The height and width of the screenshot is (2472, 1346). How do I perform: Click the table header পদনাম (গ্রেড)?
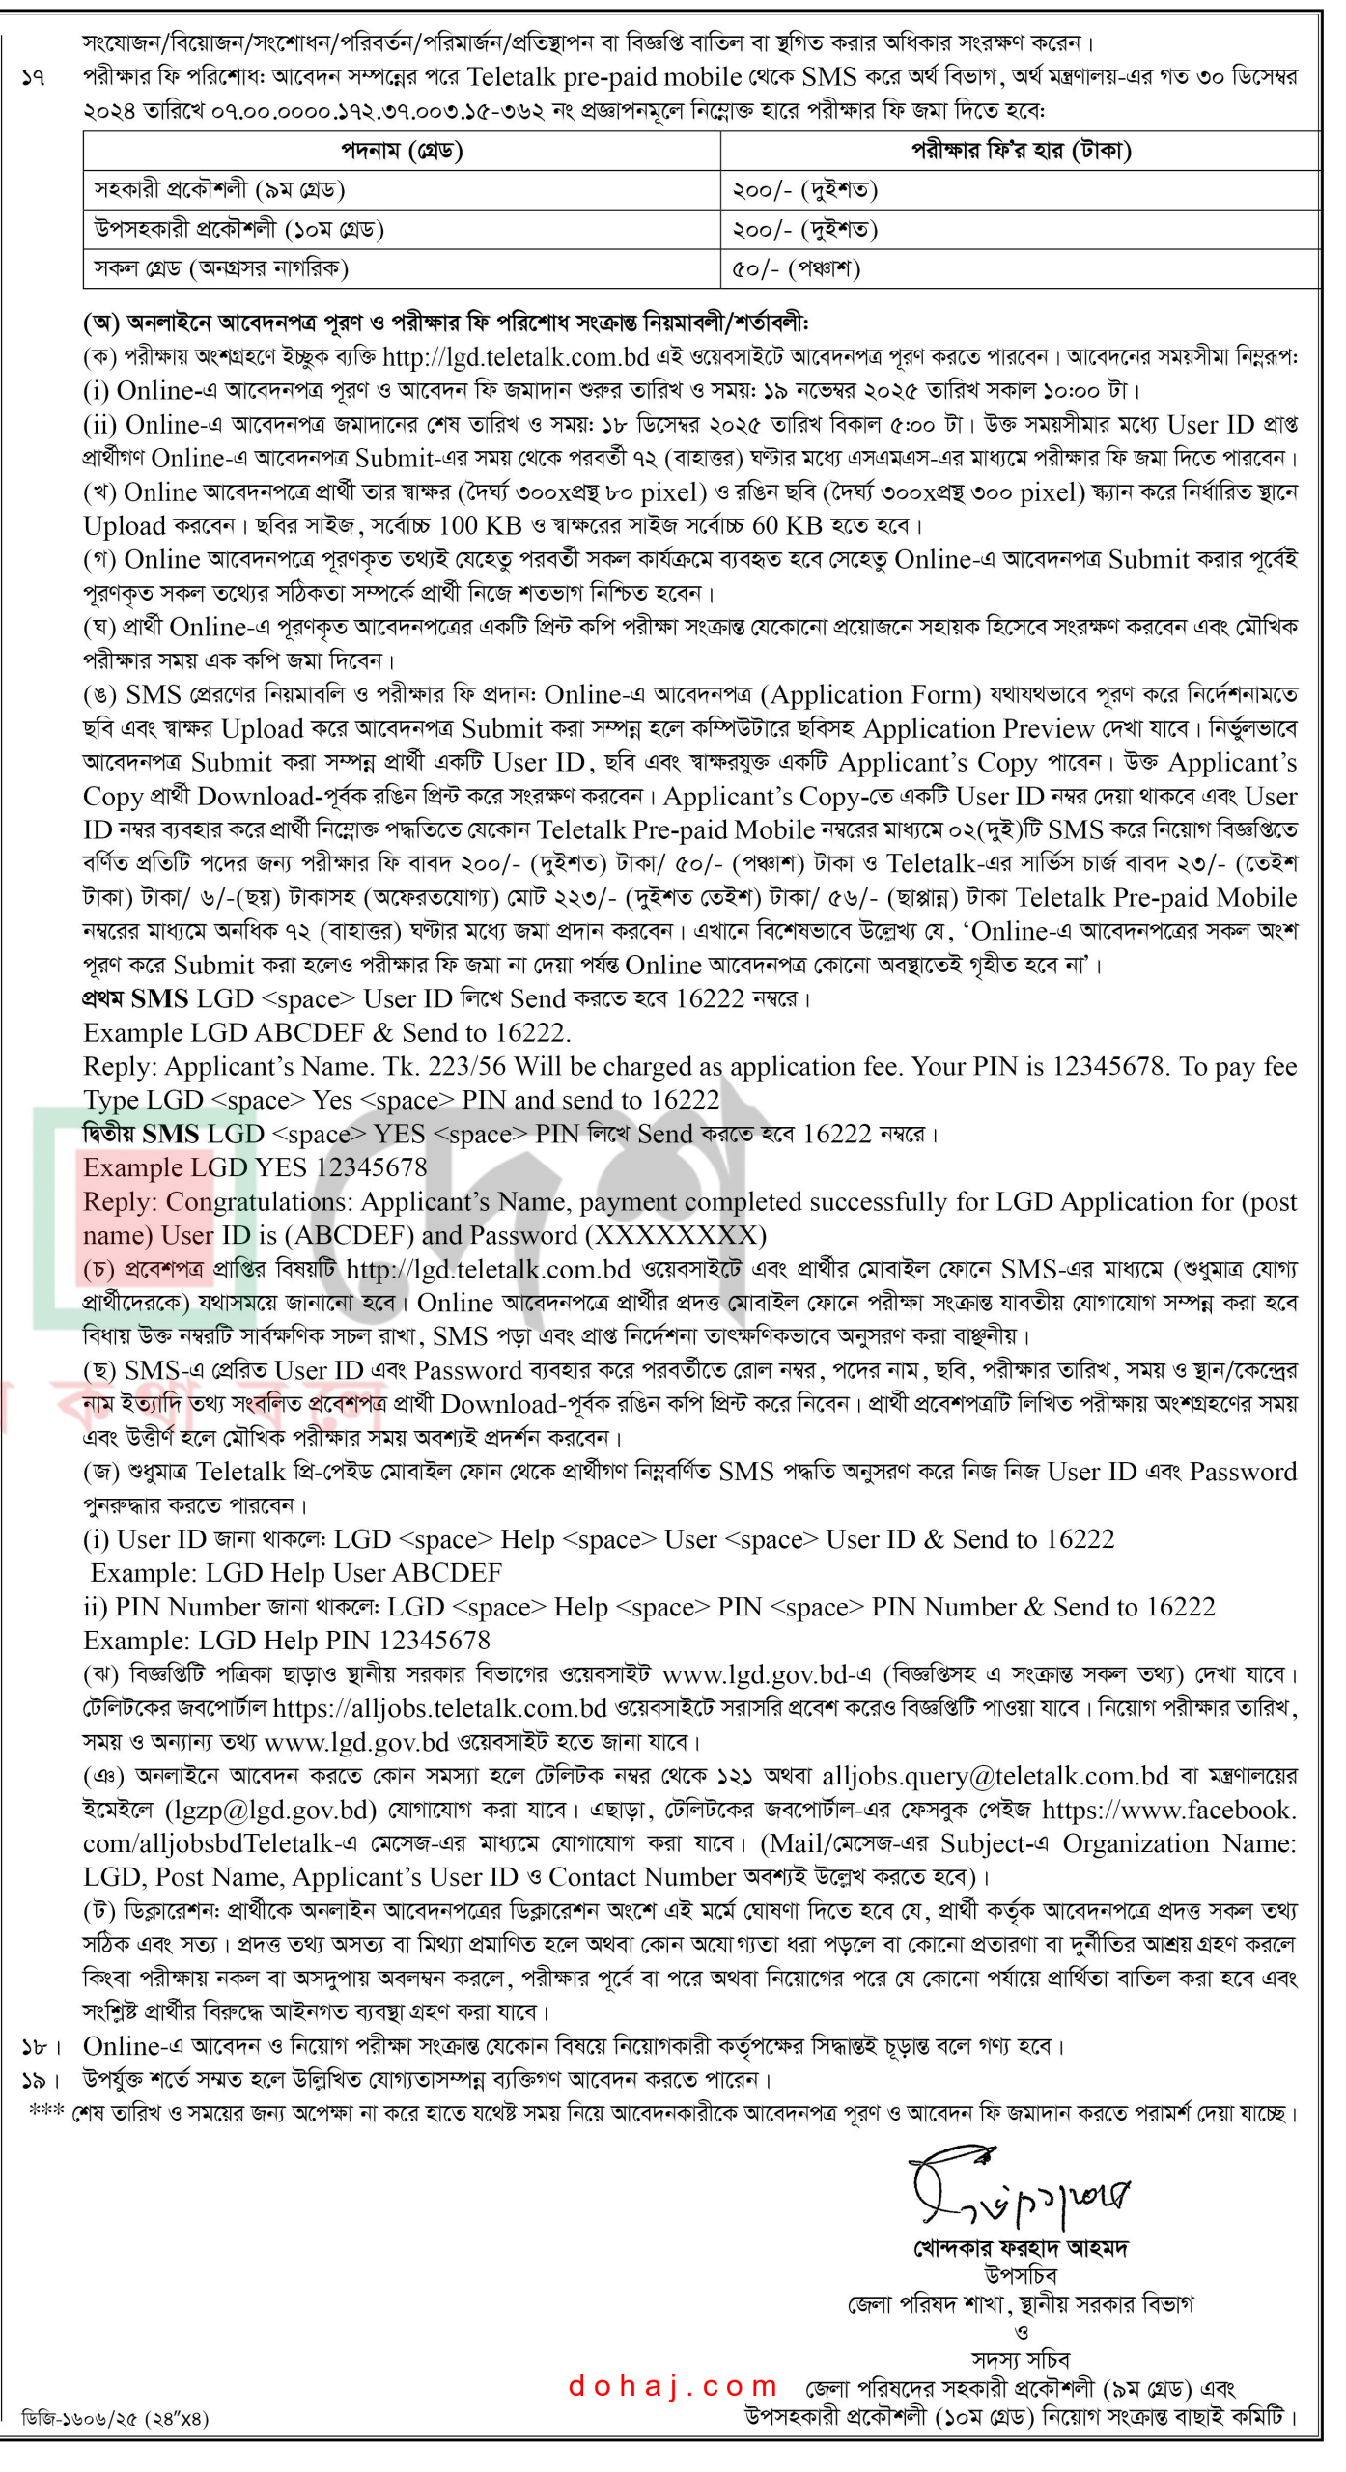click(x=402, y=151)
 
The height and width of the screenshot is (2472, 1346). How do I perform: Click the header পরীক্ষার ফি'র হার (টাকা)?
click(x=1021, y=151)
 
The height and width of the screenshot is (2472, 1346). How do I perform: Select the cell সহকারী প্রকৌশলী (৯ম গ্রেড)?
click(x=219, y=190)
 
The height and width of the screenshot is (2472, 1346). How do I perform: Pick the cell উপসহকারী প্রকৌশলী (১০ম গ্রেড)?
click(x=238, y=230)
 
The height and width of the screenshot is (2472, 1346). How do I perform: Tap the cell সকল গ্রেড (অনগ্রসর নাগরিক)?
click(x=221, y=268)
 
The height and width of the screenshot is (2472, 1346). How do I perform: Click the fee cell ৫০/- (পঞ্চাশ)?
click(x=796, y=268)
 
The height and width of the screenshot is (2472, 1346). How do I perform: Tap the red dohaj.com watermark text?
click(x=673, y=2386)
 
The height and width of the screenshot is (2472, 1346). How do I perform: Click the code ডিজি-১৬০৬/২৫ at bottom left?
click(x=114, y=2417)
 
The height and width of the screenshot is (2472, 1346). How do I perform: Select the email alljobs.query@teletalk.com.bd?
click(x=995, y=1776)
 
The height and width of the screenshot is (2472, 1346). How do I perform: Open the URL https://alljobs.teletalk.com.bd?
click(x=439, y=1708)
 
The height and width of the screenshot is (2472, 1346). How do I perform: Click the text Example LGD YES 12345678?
click(x=255, y=1167)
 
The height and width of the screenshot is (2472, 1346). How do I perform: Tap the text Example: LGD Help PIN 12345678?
click(x=287, y=1641)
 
